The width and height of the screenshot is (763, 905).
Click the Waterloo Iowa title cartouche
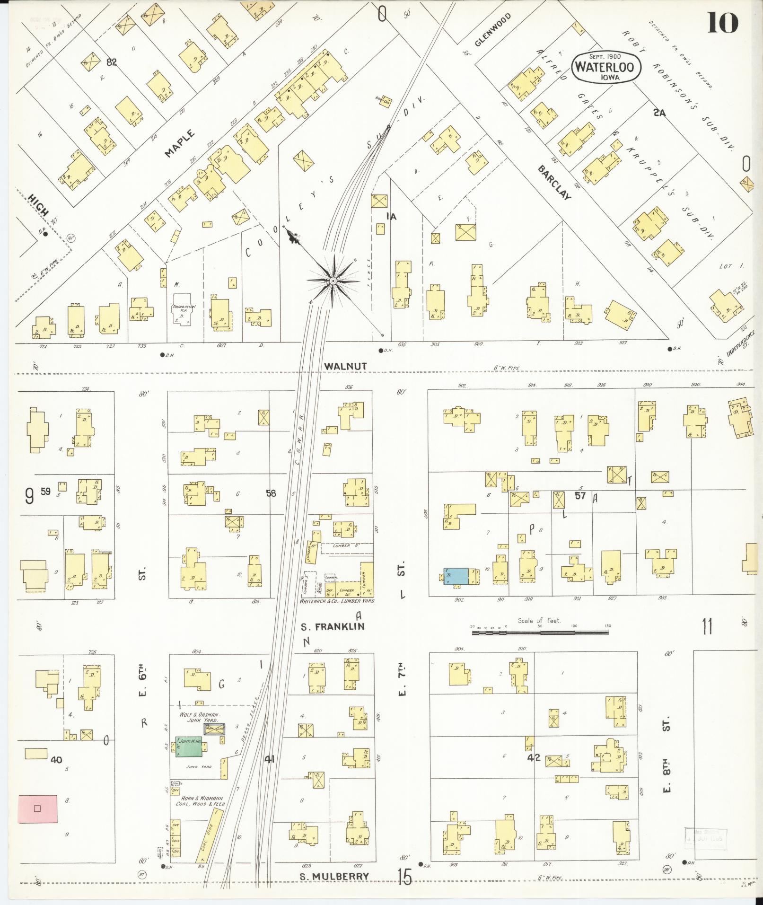pos(606,67)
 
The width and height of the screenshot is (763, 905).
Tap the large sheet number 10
pos(722,22)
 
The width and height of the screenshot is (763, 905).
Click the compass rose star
pos(333,281)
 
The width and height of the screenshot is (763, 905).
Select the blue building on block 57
pos(456,576)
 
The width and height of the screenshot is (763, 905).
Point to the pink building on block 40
pos(38,808)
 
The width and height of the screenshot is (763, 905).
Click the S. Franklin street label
pos(333,626)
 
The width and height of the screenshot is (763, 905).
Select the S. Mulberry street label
pos(334,877)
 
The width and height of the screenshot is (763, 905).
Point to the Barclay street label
pos(554,183)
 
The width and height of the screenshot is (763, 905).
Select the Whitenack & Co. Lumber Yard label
pos(336,601)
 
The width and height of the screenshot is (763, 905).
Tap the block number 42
pos(534,757)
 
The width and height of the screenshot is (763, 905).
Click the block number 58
pos(271,493)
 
